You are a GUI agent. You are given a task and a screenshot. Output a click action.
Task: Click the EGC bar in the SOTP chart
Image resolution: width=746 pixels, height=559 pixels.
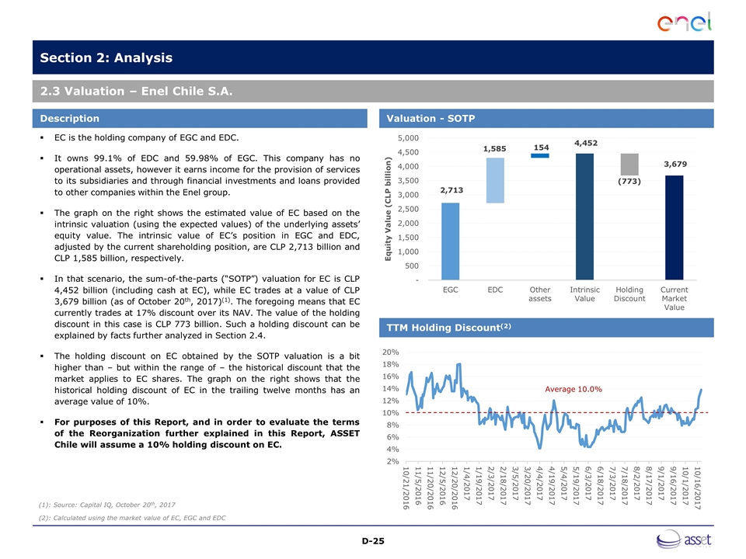(x=450, y=241)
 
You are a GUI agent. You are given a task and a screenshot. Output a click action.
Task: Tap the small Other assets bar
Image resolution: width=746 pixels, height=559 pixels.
(x=540, y=155)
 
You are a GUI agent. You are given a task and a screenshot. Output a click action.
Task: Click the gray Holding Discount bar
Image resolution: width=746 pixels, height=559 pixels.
(x=629, y=164)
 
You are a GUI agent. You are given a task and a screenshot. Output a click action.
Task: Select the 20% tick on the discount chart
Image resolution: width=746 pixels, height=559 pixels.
(x=390, y=352)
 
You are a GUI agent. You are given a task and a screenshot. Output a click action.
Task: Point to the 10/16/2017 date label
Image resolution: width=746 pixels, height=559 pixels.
(x=699, y=488)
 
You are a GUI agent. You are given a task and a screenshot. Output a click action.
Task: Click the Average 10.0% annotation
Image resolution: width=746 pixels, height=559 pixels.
(x=573, y=388)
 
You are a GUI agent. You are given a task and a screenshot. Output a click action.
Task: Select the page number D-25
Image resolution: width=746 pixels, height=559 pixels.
(x=372, y=540)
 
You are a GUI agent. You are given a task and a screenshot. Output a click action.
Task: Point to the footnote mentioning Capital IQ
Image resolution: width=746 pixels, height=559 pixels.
(x=101, y=505)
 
